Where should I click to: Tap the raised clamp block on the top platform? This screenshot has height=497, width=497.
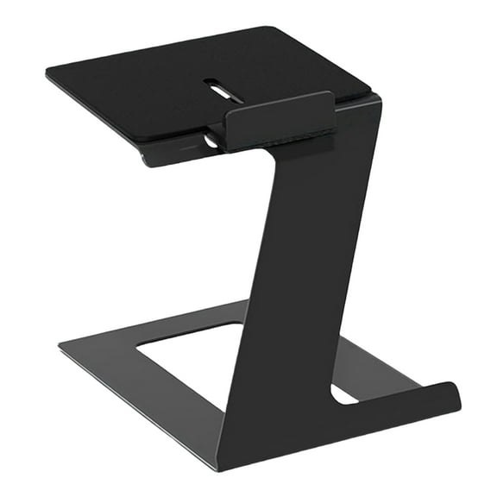280,121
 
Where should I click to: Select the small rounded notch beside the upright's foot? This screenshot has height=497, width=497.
343,394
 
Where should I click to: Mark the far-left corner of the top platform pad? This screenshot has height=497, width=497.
48,72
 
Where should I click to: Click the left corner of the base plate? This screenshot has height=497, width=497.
60,347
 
